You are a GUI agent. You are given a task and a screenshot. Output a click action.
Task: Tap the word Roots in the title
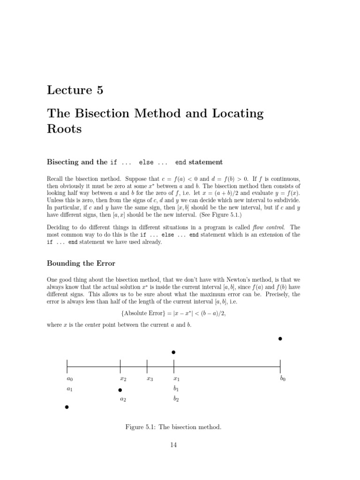click(64, 129)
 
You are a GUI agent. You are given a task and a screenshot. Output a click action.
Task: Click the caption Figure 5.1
click(173, 427)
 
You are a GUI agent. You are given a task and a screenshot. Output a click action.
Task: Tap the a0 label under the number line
click(69, 379)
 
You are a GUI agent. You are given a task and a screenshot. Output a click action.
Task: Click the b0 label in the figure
click(283, 379)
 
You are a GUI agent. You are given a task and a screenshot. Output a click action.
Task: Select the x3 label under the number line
click(150, 379)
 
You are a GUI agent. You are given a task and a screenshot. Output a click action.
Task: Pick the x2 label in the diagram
click(123, 379)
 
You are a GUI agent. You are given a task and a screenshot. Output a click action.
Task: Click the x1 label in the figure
click(176, 379)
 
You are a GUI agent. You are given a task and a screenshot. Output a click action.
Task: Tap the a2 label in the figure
click(123, 399)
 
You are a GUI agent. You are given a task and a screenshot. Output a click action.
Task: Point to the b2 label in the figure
click(176, 399)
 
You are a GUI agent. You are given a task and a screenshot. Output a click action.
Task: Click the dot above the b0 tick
click(280, 338)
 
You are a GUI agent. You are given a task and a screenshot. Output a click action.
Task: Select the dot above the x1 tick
click(173, 352)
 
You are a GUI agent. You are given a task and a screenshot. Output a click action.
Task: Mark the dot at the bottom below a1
click(67, 407)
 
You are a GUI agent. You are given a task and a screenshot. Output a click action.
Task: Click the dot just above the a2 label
click(120, 390)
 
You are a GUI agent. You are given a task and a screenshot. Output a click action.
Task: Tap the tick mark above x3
click(147, 365)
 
